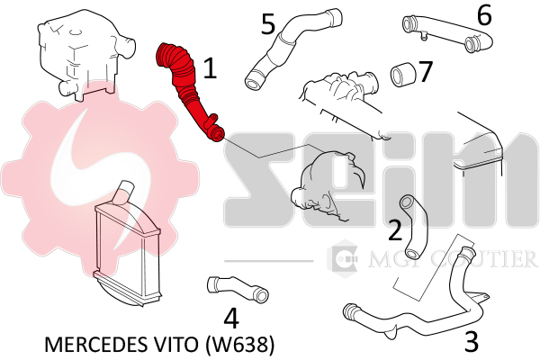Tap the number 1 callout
point(210,67)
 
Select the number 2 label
point(395,230)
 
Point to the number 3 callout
point(471,341)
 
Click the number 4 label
point(231,319)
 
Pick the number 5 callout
point(268,24)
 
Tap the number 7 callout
point(425,72)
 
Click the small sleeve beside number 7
point(403,75)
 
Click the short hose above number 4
point(238,289)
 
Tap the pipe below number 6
point(447,34)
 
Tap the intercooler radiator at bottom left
point(128,248)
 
